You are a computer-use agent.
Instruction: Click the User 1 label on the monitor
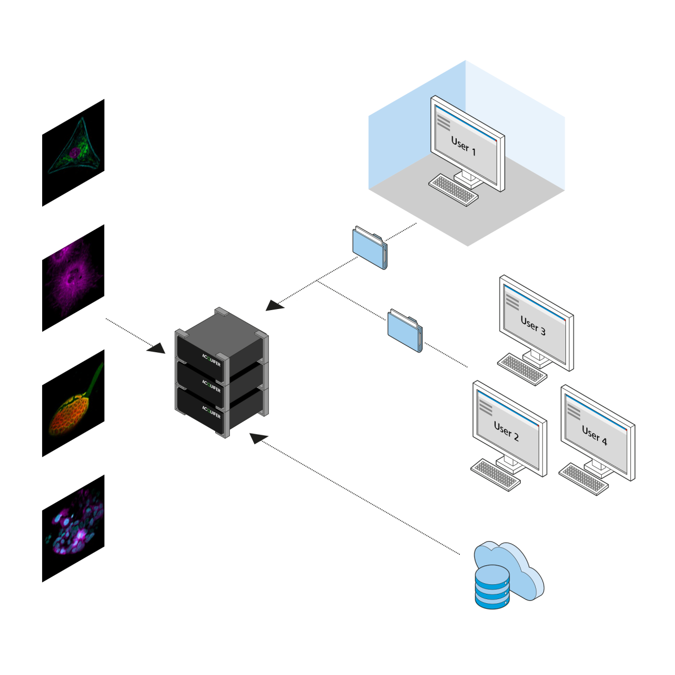[x=464, y=146]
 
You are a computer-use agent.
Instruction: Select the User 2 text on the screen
[x=506, y=430]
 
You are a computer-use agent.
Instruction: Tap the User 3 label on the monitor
[x=533, y=325]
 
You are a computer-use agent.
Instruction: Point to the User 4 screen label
[x=594, y=435]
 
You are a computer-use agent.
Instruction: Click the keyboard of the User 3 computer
[x=522, y=369]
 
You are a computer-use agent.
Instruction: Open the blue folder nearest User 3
[x=405, y=331]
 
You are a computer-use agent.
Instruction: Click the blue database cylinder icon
[x=492, y=587]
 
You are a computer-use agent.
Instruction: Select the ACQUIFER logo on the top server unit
[x=211, y=360]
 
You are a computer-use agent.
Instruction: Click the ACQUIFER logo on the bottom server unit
[x=211, y=412]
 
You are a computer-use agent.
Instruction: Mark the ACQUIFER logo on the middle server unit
[x=211, y=386]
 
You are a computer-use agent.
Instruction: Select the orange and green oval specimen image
[x=73, y=403]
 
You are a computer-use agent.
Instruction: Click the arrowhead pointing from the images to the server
[x=157, y=349]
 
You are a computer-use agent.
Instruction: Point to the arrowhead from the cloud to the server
[x=258, y=438]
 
